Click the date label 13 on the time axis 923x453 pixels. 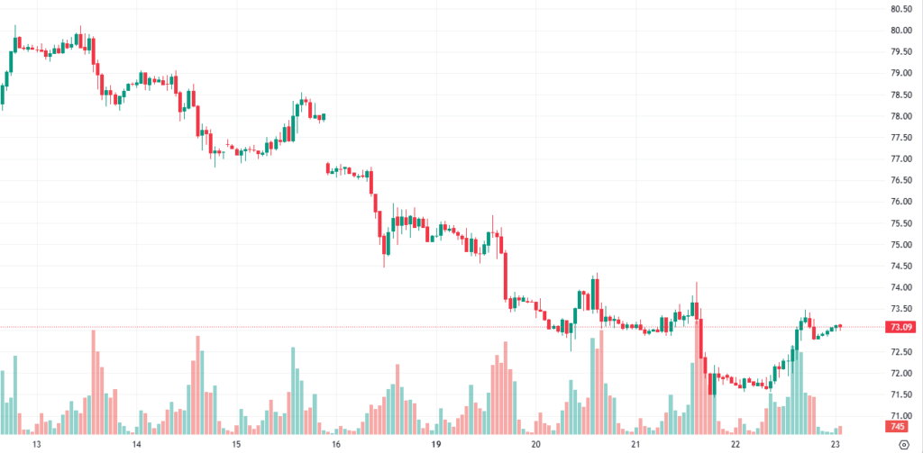tap(37, 444)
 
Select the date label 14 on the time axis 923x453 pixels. tap(137, 444)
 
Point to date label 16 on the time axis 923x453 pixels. tap(335, 444)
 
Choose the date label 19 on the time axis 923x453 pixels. tap(435, 444)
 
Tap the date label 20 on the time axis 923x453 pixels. tap(535, 444)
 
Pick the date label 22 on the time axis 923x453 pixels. tap(735, 444)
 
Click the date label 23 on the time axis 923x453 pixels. tap(836, 444)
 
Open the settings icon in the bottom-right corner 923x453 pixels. tap(904, 444)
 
